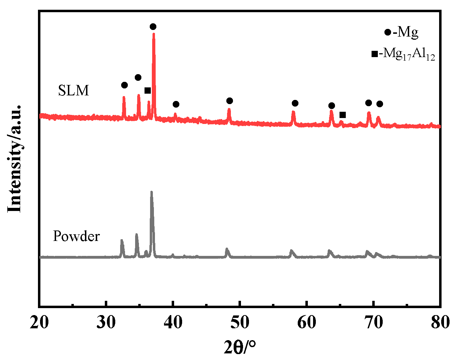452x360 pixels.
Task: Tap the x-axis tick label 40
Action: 173,323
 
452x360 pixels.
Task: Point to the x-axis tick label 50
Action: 240,323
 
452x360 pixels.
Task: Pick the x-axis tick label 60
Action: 307,323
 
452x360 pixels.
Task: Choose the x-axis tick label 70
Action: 373,323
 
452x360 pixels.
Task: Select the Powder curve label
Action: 76,236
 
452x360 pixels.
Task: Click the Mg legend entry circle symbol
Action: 388,33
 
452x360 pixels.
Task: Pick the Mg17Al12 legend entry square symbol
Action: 375,54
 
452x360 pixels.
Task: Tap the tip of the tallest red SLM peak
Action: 154,33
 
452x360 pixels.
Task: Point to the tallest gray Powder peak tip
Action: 151,191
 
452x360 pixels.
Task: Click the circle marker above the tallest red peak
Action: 153,27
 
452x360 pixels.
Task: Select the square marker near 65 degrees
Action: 343,115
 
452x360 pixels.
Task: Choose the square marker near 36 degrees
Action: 147,91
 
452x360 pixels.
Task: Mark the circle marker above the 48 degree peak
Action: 229,101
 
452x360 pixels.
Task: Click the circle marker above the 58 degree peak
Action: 295,103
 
